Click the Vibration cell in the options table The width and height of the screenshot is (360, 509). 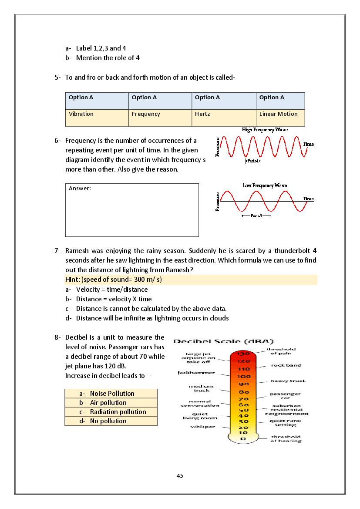[x=81, y=114]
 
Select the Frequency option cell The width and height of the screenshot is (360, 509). [x=146, y=114]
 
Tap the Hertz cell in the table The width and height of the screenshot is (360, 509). [x=202, y=114]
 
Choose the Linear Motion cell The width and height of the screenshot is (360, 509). [x=279, y=114]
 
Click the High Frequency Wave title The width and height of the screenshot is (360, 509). [x=265, y=130]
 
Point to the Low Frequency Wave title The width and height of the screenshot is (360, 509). [x=265, y=185]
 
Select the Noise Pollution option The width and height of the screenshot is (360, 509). [x=112, y=394]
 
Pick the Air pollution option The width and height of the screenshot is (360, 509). [x=108, y=403]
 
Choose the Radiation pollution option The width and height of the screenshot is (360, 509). [x=118, y=412]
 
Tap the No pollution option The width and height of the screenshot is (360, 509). [x=108, y=421]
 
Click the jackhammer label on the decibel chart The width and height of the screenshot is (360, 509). [x=196, y=373]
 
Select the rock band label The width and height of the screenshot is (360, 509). [x=286, y=365]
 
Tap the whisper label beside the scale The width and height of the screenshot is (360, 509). [x=203, y=427]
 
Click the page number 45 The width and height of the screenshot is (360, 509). [x=180, y=475]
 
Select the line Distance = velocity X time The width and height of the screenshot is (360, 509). [x=114, y=299]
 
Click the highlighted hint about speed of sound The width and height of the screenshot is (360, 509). [x=117, y=280]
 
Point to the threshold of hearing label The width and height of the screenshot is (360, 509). [x=286, y=439]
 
